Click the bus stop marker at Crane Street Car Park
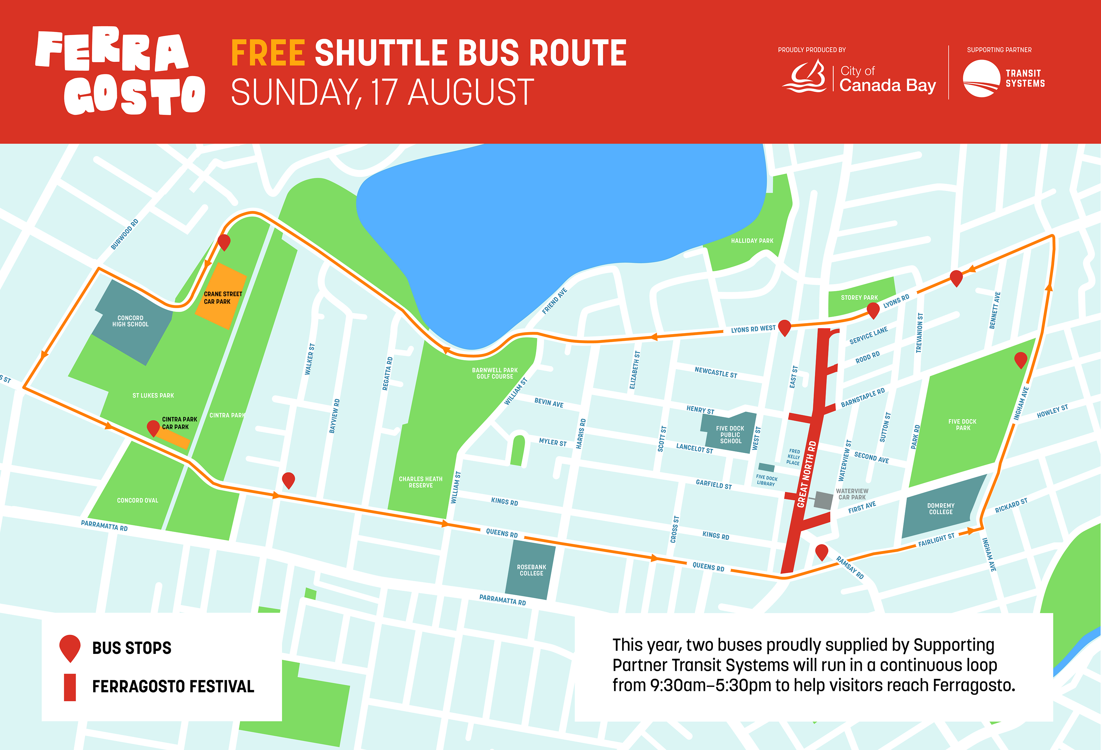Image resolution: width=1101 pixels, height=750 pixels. pyautogui.click(x=224, y=241)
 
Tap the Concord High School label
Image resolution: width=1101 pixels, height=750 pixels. pyautogui.click(x=130, y=321)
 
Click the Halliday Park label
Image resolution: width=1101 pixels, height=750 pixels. pyautogui.click(x=752, y=241)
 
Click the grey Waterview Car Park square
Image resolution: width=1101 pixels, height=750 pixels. pyautogui.click(x=823, y=500)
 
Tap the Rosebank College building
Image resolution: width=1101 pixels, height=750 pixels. pyautogui.click(x=531, y=570)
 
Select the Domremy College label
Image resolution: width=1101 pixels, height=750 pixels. pyautogui.click(x=940, y=509)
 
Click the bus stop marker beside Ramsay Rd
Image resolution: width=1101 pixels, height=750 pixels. pyautogui.click(x=821, y=551)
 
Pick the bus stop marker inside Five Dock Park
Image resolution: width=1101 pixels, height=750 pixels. pyautogui.click(x=1021, y=359)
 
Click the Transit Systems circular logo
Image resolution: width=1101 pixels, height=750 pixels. pyautogui.click(x=981, y=79)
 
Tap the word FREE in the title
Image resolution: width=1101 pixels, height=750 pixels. pyautogui.click(x=268, y=53)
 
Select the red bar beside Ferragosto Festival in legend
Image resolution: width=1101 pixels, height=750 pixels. pyautogui.click(x=70, y=687)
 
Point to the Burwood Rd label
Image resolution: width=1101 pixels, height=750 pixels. pyautogui.click(x=124, y=234)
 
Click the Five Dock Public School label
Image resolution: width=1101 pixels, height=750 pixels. pyautogui.click(x=730, y=435)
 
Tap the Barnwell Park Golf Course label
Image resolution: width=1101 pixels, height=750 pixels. pyautogui.click(x=495, y=373)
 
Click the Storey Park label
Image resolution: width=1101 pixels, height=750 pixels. pyautogui.click(x=859, y=297)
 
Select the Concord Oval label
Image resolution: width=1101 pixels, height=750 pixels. pyautogui.click(x=137, y=500)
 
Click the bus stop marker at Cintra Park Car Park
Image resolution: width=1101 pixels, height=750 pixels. pyautogui.click(x=153, y=427)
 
